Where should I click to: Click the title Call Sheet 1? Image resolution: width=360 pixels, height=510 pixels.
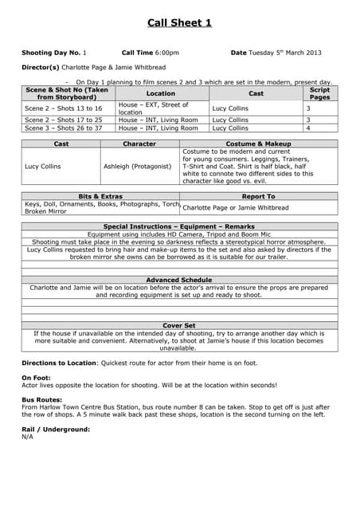(x=179, y=22)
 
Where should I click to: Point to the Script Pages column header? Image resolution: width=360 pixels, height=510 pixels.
(x=319, y=93)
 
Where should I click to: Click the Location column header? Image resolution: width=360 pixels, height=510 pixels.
(x=161, y=93)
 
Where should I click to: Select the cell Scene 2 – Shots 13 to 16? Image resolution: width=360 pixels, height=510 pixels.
(x=64, y=108)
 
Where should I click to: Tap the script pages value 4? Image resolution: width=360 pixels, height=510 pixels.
(x=308, y=127)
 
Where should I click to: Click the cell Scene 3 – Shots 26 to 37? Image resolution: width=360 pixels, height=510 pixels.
(x=64, y=127)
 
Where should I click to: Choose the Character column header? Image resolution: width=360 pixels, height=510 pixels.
(x=139, y=143)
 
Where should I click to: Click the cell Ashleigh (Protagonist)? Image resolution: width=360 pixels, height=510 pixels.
(x=137, y=167)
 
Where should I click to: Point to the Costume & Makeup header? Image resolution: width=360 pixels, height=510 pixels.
(x=258, y=143)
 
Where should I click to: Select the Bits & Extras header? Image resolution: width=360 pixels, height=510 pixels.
(x=100, y=196)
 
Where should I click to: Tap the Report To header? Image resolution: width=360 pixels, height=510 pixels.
(x=258, y=196)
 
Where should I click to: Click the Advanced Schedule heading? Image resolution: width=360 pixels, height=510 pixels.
(x=179, y=280)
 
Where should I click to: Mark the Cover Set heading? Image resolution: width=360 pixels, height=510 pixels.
(x=179, y=326)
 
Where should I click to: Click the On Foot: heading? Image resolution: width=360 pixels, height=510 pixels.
(x=36, y=377)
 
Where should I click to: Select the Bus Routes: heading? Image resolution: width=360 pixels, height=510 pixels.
(x=41, y=399)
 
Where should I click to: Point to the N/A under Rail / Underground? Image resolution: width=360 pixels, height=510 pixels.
(x=28, y=437)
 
